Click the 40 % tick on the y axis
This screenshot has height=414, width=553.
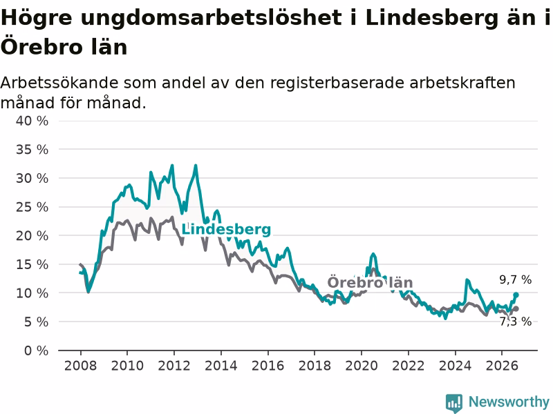[x=32, y=121]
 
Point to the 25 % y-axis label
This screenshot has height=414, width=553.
[x=32, y=207]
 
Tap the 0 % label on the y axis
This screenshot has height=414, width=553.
[x=36, y=351]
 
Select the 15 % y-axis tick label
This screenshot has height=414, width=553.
[x=32, y=264]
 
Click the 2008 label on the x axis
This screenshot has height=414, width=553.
[x=80, y=366]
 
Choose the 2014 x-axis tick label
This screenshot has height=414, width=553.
[x=221, y=366]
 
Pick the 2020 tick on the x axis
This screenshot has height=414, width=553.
[x=362, y=366]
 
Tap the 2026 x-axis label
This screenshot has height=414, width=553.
[x=502, y=366]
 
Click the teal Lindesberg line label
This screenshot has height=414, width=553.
[x=226, y=230]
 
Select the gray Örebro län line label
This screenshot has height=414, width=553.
[x=370, y=282]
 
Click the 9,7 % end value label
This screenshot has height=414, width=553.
[x=515, y=280]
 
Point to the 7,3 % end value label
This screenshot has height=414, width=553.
[x=515, y=322]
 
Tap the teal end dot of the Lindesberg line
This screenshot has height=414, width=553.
[x=516, y=295]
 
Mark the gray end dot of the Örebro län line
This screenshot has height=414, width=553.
[x=516, y=308]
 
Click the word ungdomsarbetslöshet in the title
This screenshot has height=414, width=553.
[x=212, y=19]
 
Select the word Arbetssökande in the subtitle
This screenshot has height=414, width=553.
[x=59, y=83]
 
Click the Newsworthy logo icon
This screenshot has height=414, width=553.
[x=454, y=403]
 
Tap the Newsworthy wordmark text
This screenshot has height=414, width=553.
[x=509, y=402]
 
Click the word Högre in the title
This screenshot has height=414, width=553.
[x=37, y=19]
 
